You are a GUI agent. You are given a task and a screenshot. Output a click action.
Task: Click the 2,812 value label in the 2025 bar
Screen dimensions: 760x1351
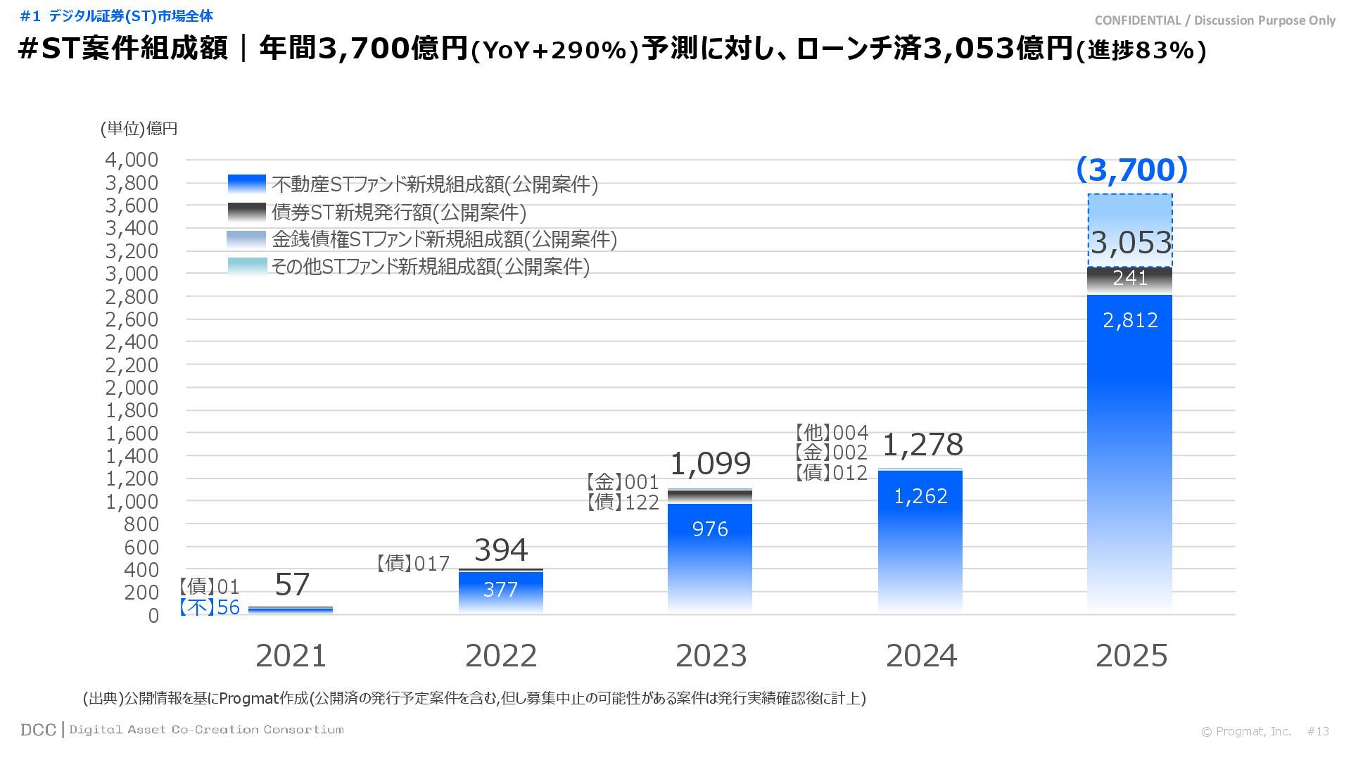click(x=1130, y=321)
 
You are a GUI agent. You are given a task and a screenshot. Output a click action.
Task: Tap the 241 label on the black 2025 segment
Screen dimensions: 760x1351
click(x=1130, y=279)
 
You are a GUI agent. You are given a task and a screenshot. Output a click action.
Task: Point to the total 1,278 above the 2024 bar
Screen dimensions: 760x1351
click(x=922, y=445)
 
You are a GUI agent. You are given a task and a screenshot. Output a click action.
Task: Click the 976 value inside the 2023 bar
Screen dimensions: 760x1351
click(x=710, y=529)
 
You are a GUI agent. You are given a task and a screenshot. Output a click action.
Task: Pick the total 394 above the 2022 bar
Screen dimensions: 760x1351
click(x=501, y=550)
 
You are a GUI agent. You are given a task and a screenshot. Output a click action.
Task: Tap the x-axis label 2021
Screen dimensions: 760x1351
click(x=291, y=656)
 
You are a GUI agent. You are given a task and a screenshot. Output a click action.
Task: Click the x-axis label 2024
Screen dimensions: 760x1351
click(x=921, y=656)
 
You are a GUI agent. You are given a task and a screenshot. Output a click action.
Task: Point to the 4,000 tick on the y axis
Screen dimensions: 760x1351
click(x=132, y=160)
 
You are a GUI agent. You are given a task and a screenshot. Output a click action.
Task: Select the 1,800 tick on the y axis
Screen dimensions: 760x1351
click(x=132, y=410)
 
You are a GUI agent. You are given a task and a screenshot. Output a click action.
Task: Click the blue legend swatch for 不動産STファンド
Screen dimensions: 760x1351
click(x=247, y=184)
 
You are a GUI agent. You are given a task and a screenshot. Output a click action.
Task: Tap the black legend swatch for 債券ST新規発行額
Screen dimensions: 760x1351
click(x=247, y=212)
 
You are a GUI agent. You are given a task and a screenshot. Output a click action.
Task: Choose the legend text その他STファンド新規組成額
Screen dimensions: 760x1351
click(x=431, y=267)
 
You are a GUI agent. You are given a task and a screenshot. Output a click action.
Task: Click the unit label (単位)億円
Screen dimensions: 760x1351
click(x=139, y=129)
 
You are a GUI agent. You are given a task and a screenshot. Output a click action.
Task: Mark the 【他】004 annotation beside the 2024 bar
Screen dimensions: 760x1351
click(x=832, y=433)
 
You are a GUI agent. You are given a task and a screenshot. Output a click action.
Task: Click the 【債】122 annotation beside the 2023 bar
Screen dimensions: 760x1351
click(x=623, y=502)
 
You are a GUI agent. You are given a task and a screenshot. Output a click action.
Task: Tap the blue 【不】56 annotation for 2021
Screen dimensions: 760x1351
click(x=209, y=607)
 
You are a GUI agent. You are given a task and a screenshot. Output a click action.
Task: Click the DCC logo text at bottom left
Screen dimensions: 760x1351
click(x=38, y=730)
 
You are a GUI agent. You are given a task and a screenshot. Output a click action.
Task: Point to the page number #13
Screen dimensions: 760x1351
click(x=1318, y=732)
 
